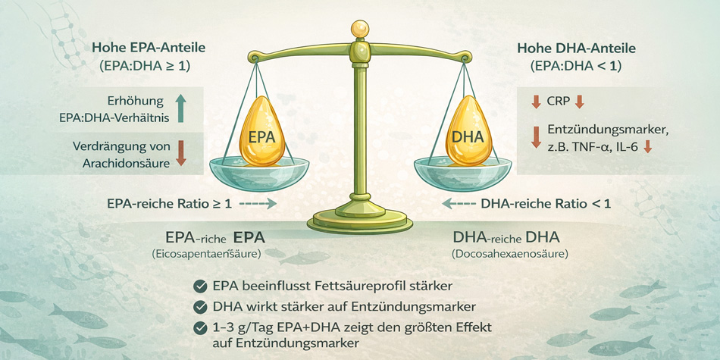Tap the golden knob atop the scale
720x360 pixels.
[x=359, y=30]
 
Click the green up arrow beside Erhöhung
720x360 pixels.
[x=180, y=108]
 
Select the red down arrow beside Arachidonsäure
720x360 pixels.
[x=181, y=152]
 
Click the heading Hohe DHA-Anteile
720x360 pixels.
[x=576, y=48]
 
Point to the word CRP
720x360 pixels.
[x=558, y=102]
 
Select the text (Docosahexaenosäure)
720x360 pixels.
[x=509, y=253]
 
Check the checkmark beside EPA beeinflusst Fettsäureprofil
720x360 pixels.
[x=200, y=286]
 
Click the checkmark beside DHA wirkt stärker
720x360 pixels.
[x=200, y=307]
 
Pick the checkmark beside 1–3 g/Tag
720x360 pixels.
[x=200, y=327]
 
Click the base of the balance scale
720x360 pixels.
[x=360, y=224]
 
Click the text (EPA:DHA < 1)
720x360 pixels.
[x=576, y=66]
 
